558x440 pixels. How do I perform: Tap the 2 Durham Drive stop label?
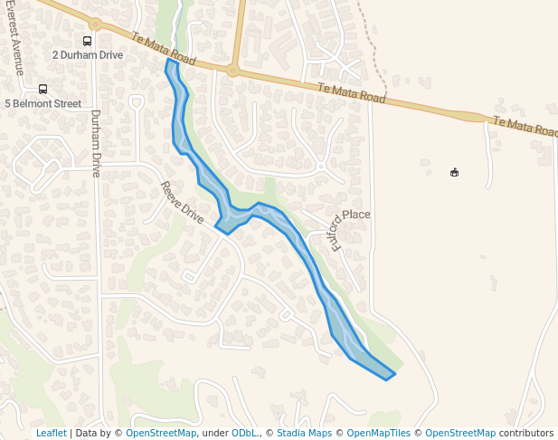(x=87, y=55)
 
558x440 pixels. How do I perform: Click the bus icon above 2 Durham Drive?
(x=87, y=41)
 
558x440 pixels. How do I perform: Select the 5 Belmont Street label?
(x=43, y=103)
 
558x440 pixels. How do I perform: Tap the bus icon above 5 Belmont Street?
(x=43, y=89)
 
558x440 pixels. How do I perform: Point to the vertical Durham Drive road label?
(x=95, y=143)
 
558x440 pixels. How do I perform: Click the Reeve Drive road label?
(x=182, y=203)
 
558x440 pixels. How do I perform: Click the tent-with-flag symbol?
(x=454, y=172)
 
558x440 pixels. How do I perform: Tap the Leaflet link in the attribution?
(x=51, y=433)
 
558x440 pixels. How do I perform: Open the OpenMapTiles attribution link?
(x=379, y=433)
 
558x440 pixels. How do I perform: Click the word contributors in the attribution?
(x=525, y=433)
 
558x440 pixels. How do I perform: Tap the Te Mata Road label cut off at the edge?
(x=525, y=127)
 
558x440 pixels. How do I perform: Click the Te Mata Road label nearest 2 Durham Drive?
(x=164, y=49)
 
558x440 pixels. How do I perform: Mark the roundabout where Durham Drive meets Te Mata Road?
(x=95, y=26)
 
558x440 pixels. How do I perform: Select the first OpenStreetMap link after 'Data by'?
(x=161, y=433)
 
